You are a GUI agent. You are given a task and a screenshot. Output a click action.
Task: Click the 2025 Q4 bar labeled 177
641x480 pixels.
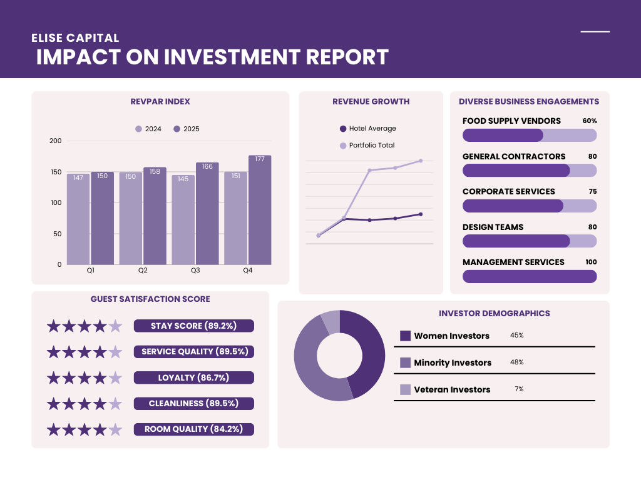[260, 210]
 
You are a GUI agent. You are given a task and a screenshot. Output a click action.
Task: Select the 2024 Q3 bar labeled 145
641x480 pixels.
[183, 219]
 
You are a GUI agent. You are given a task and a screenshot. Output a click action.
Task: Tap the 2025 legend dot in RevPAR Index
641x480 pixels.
[177, 129]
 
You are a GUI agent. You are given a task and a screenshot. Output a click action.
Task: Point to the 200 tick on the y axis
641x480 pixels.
[56, 141]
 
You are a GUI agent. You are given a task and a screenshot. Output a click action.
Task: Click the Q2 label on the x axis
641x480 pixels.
[143, 271]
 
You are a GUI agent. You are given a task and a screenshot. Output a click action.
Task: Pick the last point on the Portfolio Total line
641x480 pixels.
[421, 161]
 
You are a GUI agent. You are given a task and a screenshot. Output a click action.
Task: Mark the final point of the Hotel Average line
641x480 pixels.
[421, 214]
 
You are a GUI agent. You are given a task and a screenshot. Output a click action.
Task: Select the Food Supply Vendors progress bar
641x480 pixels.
[530, 136]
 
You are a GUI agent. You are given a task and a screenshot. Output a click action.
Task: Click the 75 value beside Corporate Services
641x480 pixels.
[592, 192]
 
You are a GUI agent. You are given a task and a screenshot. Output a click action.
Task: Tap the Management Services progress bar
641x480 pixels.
[530, 276]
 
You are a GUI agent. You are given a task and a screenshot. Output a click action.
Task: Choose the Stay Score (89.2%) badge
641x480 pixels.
[194, 326]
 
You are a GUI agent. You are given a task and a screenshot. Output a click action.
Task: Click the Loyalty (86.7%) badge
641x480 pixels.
[194, 377]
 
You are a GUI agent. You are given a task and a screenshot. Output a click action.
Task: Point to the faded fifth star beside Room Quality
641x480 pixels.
[115, 429]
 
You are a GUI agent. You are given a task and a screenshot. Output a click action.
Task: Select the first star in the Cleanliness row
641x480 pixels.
[54, 404]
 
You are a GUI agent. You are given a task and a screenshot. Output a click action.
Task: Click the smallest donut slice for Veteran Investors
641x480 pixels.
[331, 321]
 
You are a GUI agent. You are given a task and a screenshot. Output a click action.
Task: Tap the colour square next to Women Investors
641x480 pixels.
[405, 336]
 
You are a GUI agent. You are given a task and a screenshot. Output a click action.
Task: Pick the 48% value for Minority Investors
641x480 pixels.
[517, 362]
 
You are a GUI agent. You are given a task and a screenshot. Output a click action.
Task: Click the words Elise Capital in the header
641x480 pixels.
[75, 38]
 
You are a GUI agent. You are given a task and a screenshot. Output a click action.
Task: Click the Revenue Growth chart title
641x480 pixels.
[371, 101]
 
